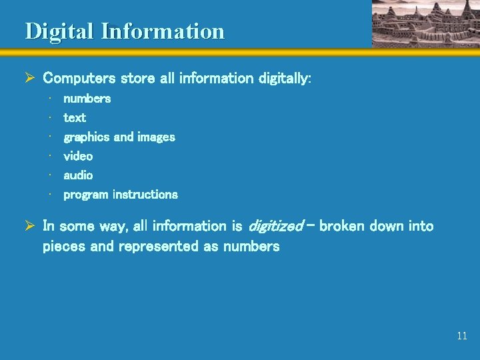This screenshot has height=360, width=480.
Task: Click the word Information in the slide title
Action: pyautogui.click(x=163, y=31)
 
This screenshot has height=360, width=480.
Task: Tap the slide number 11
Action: pyautogui.click(x=462, y=336)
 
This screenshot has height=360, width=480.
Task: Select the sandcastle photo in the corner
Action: pyautogui.click(x=425, y=23)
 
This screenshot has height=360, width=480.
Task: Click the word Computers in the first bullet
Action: pyautogui.click(x=79, y=79)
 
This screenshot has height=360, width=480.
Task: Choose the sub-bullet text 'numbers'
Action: pyautogui.click(x=87, y=99)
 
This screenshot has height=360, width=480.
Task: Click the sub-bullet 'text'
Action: pyautogui.click(x=75, y=118)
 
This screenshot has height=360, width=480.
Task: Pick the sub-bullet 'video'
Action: pyautogui.click(x=78, y=156)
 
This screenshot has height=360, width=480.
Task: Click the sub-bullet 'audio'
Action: pyautogui.click(x=78, y=175)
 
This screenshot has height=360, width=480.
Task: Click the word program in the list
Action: pyautogui.click(x=86, y=195)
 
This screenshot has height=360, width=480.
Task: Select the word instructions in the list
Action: pyautogui.click(x=145, y=195)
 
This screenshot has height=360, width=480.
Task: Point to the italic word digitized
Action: pyautogui.click(x=275, y=227)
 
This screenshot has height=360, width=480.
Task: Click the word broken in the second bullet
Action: pyautogui.click(x=342, y=227)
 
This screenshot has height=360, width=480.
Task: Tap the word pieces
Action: pyautogui.click(x=64, y=247)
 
